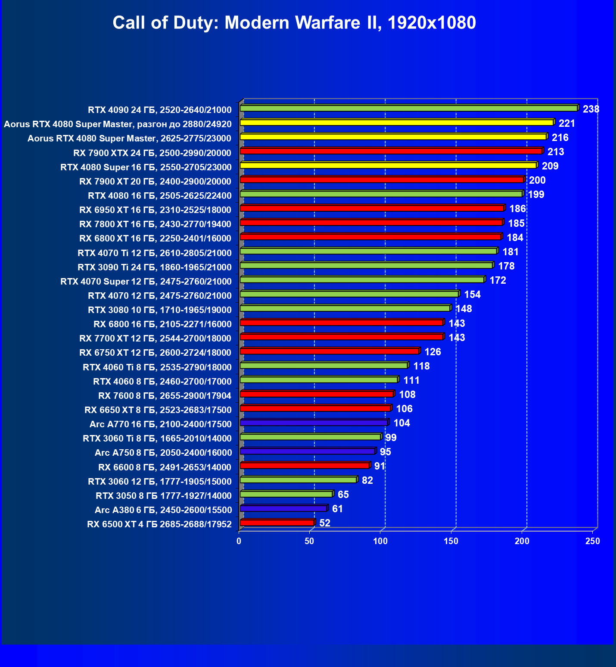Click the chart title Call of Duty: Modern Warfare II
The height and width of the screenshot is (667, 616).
point(294,22)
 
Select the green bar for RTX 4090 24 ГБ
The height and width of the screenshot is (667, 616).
point(408,108)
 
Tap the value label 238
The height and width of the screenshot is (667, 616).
point(591,109)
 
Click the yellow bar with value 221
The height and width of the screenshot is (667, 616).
point(396,122)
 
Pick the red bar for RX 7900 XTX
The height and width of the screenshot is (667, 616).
point(391,151)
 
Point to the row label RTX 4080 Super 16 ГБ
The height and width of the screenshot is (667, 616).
point(146,167)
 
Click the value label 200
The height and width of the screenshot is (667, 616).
point(537,180)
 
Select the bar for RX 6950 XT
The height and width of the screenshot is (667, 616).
point(372,208)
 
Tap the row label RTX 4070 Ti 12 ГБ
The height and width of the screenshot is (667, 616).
point(155,253)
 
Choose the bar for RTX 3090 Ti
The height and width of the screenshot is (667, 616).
point(366,265)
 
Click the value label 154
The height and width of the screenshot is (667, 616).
point(472,294)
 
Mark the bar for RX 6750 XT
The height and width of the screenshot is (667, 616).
point(330,351)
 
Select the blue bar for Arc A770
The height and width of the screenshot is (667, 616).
point(314,423)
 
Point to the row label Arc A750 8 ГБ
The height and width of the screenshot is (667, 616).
point(163,452)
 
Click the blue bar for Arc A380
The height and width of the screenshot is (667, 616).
point(283,508)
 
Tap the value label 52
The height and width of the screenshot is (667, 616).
point(325,523)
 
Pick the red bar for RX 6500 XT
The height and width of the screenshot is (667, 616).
point(277,523)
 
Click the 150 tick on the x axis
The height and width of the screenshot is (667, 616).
point(451,541)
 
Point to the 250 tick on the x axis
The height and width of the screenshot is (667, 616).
point(593,541)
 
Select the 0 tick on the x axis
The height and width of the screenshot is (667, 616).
point(239,541)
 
